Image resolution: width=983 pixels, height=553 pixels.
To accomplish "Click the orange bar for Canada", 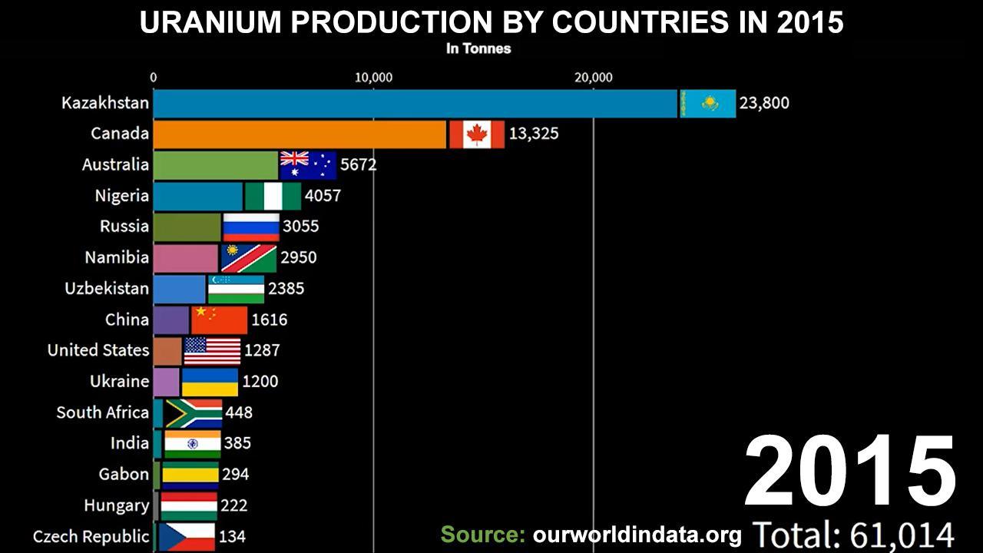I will pos(300,134).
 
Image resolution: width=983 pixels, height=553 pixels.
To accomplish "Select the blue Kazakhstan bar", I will pos(415,104).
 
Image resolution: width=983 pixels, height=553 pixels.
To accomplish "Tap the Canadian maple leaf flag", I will pos(477,134).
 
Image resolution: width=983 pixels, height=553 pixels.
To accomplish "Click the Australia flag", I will pos(307,165).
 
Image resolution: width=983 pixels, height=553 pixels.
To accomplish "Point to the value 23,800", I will pos(763,103).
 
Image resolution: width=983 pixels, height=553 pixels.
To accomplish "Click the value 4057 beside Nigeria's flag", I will pos(323,196).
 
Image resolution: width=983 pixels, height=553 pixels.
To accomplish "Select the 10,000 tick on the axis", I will pos(373,78).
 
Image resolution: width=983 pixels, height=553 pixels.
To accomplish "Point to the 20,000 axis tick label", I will pos(593,78).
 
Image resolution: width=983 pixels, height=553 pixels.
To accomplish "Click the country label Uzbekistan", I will pos(107,289).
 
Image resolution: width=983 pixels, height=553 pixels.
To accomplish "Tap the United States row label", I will pos(98,350).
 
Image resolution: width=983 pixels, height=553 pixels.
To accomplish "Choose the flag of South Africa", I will pos(194,412).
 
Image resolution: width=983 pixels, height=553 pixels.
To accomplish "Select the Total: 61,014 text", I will pos(852,535).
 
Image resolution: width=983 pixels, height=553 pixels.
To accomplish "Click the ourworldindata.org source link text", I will pos(637,535).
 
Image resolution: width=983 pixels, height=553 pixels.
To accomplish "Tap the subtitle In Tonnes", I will pos(478,48).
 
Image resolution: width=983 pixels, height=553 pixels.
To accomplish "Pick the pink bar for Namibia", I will pos(186,258).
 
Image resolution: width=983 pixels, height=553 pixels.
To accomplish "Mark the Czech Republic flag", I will pos(187,536).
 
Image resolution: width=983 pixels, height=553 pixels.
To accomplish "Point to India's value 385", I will pos(237,443).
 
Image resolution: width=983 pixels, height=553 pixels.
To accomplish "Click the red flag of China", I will pos(219,320).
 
